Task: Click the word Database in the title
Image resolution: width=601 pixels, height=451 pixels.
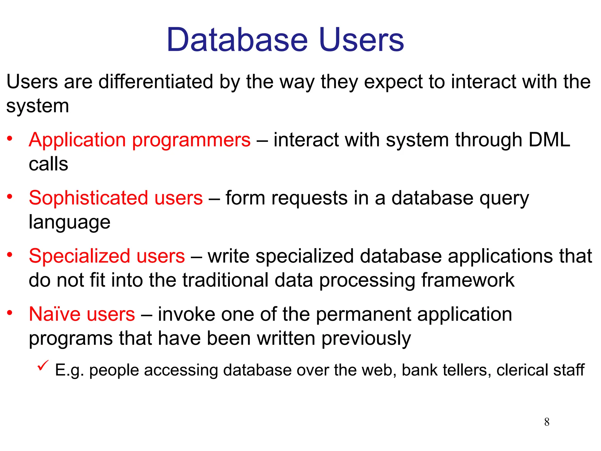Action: tap(237, 40)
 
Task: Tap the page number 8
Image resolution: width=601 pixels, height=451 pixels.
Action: tap(547, 422)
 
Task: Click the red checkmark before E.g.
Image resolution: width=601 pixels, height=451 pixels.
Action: tap(43, 366)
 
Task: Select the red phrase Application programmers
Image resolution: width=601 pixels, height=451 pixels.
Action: tap(140, 140)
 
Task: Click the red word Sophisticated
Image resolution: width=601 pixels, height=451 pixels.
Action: tap(88, 198)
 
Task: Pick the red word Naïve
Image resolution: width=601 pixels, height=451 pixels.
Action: tap(55, 314)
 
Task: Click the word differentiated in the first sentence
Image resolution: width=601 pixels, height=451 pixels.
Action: tap(156, 82)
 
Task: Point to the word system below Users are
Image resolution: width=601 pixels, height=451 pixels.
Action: tap(38, 106)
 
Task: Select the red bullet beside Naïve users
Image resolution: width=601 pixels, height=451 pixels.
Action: tap(10, 313)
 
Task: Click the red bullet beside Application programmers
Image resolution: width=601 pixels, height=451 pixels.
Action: tap(10, 138)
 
